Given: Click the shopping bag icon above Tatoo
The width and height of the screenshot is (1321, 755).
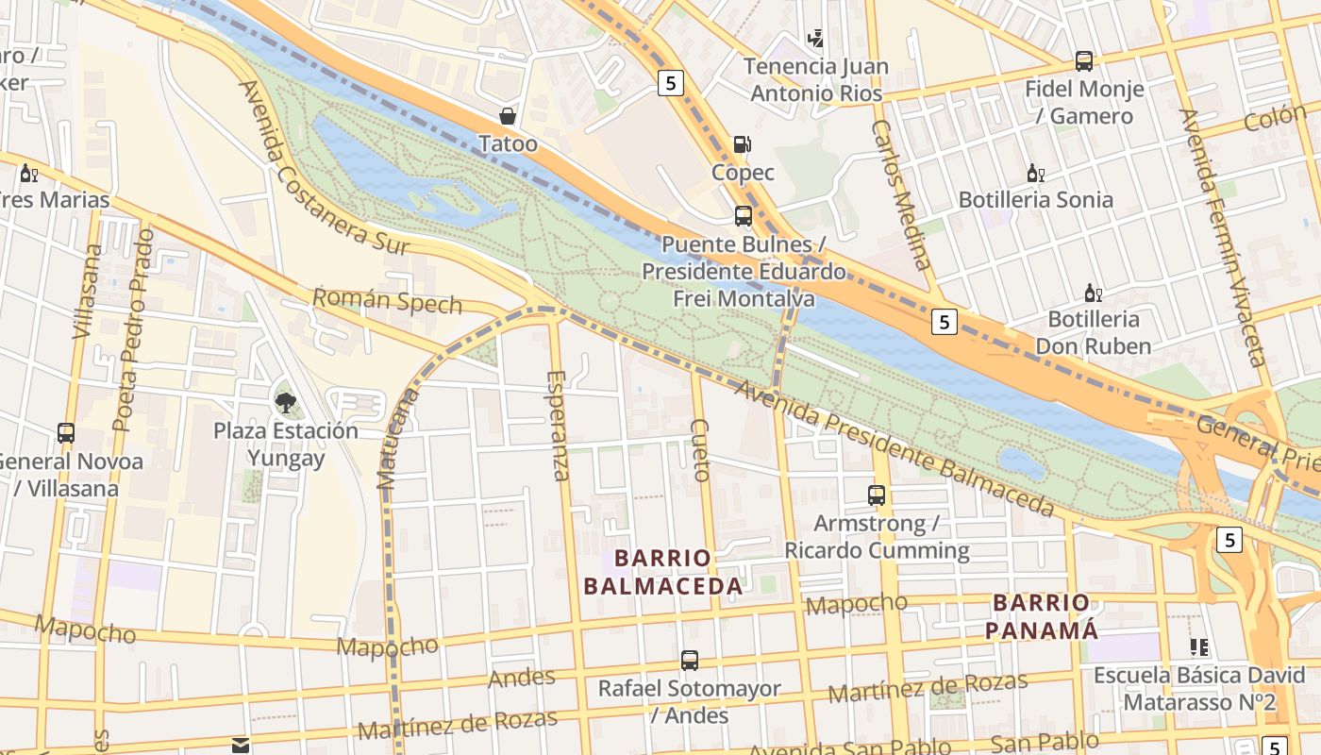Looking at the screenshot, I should click(508, 116).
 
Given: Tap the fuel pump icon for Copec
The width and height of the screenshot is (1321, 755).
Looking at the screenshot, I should click(743, 144).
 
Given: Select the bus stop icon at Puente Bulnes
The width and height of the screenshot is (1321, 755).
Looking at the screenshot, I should click(743, 216).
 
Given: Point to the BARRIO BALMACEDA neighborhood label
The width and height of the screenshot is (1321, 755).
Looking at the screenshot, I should click(662, 572).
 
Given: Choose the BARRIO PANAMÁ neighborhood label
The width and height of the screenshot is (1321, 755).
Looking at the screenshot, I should click(1042, 616).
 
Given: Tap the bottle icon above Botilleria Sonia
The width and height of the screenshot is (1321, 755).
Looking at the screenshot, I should click(1035, 174).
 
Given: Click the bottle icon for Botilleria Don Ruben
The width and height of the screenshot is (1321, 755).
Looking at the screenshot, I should click(1093, 294).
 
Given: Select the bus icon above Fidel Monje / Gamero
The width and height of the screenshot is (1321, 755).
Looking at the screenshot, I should click(1083, 62).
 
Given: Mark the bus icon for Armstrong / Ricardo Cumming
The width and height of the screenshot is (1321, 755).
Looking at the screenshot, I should click(877, 495).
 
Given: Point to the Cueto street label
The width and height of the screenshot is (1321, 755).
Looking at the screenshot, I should click(700, 450).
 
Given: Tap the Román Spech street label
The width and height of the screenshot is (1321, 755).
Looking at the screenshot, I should click(387, 301).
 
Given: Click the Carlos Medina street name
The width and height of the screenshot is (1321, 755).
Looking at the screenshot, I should click(901, 194).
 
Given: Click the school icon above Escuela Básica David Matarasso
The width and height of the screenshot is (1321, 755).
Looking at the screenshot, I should click(1198, 647).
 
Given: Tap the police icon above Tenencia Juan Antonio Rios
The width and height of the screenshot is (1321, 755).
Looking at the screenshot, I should click(815, 39).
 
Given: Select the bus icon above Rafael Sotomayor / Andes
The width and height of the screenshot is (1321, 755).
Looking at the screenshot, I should click(690, 661).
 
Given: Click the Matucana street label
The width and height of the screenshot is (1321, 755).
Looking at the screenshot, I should click(397, 439).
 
